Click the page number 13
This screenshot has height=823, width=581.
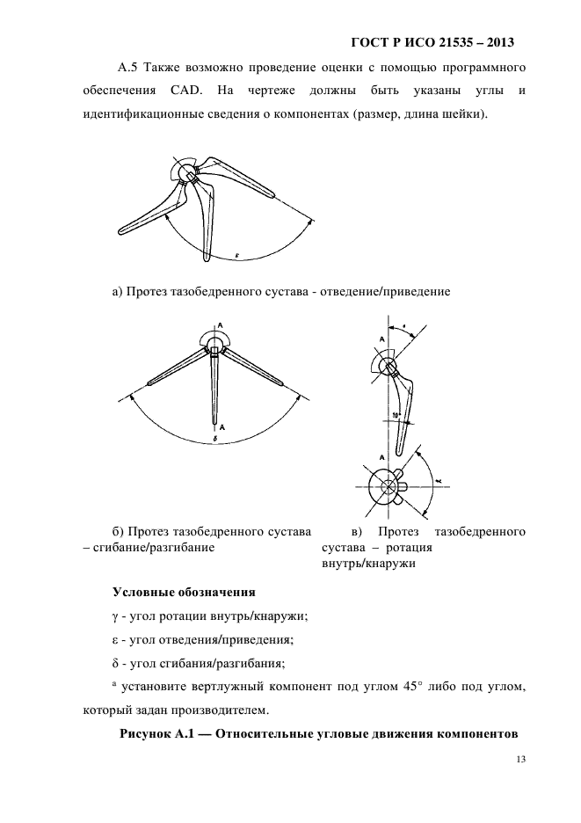520,760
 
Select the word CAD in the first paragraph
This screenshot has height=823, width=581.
180,91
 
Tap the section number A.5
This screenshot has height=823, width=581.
128,67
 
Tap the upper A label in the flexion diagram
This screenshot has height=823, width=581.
220,324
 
